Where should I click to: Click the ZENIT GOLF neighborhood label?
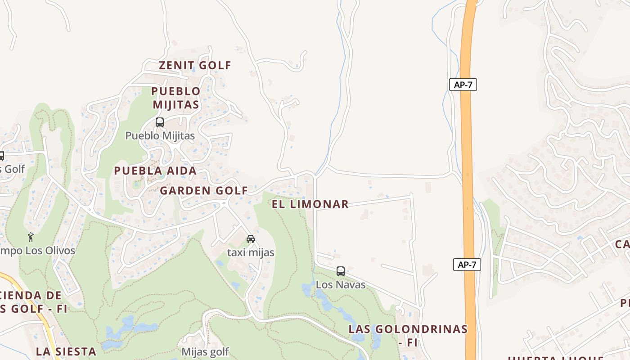tap(195, 65)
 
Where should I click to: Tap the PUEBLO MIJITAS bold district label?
tap(175, 98)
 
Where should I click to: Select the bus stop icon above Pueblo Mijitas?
tap(160, 122)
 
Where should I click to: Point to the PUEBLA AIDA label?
tap(155, 171)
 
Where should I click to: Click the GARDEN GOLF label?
tap(204, 191)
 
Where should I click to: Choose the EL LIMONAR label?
tap(310, 204)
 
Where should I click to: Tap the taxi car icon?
tap(251, 239)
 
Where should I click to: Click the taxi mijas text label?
tap(251, 252)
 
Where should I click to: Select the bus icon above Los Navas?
tap(341, 271)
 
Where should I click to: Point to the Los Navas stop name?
tap(341, 285)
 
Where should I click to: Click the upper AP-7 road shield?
tap(463, 85)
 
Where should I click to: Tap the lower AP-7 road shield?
tap(467, 265)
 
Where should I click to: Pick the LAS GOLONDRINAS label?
tap(408, 329)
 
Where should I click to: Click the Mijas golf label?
tap(205, 351)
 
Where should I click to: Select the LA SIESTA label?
tap(66, 351)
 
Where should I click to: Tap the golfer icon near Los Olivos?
tap(31, 237)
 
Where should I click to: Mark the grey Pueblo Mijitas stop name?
tap(160, 135)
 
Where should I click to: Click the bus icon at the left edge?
tap(1, 156)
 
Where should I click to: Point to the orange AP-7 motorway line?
tap(467, 180)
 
